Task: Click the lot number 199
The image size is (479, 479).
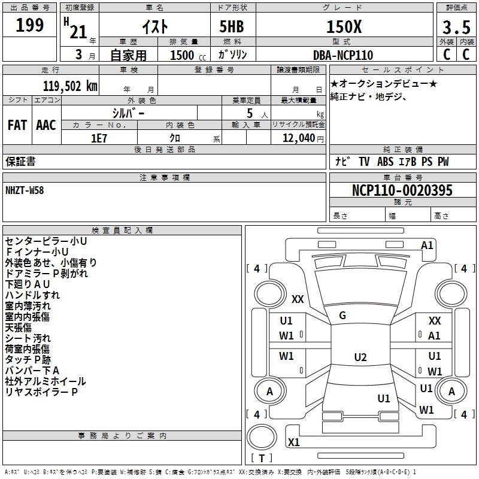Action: (30, 26)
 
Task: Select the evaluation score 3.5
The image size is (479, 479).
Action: (455, 28)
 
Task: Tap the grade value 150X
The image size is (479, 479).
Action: (343, 27)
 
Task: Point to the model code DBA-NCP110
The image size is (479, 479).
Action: (343, 55)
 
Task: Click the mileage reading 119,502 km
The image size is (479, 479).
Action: (70, 86)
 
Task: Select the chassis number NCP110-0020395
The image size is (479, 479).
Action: (402, 190)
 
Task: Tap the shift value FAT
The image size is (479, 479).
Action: (17, 125)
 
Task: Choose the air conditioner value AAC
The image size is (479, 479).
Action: (46, 125)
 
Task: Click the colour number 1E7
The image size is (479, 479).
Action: (99, 138)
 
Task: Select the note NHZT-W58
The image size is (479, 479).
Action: (25, 190)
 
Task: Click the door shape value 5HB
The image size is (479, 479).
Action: (232, 27)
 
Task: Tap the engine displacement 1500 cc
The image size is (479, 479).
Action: (183, 55)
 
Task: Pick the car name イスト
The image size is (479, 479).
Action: (154, 27)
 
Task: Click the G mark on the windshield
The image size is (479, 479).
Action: (342, 316)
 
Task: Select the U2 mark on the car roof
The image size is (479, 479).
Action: (360, 357)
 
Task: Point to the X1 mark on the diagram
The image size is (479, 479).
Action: (294, 442)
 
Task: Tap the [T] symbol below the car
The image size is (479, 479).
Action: (262, 458)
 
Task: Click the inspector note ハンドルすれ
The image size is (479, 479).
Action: (32, 295)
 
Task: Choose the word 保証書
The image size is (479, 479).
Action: (20, 161)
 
